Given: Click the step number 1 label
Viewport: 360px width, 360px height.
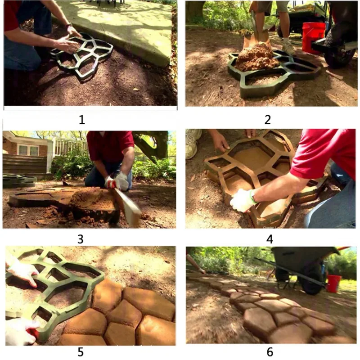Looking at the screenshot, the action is tap(82, 120).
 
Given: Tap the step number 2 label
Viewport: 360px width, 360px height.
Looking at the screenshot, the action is tap(268, 120).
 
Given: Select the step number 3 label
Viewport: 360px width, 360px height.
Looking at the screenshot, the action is tap(81, 239).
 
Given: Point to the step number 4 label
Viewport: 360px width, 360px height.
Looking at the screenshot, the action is tap(270, 239).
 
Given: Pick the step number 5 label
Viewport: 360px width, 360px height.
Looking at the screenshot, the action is tap(81, 352).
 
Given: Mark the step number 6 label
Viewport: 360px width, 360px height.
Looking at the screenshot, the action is tap(270, 352).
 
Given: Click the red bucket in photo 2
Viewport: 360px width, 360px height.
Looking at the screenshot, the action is tap(313, 38).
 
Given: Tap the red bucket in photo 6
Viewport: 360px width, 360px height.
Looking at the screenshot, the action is tap(333, 283).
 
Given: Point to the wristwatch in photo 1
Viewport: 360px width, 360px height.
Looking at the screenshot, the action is tap(69, 25).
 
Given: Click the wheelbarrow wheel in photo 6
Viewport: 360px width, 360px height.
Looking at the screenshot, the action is tap(312, 283).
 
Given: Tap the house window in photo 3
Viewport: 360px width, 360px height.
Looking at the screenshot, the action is tap(28, 150).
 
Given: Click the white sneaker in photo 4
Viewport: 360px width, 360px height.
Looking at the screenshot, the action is tap(193, 143).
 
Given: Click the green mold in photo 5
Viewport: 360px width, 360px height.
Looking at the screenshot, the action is tap(52, 289).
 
